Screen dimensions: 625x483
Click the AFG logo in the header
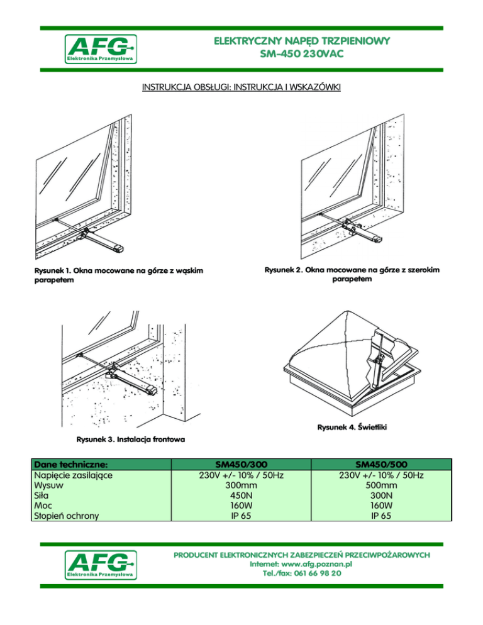101,49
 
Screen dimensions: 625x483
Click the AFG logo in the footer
101,564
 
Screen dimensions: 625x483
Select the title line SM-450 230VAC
302,55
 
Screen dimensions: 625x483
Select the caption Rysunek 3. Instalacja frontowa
131,438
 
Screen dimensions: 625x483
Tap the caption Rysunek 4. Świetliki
355,428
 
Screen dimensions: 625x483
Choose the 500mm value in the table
380,486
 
